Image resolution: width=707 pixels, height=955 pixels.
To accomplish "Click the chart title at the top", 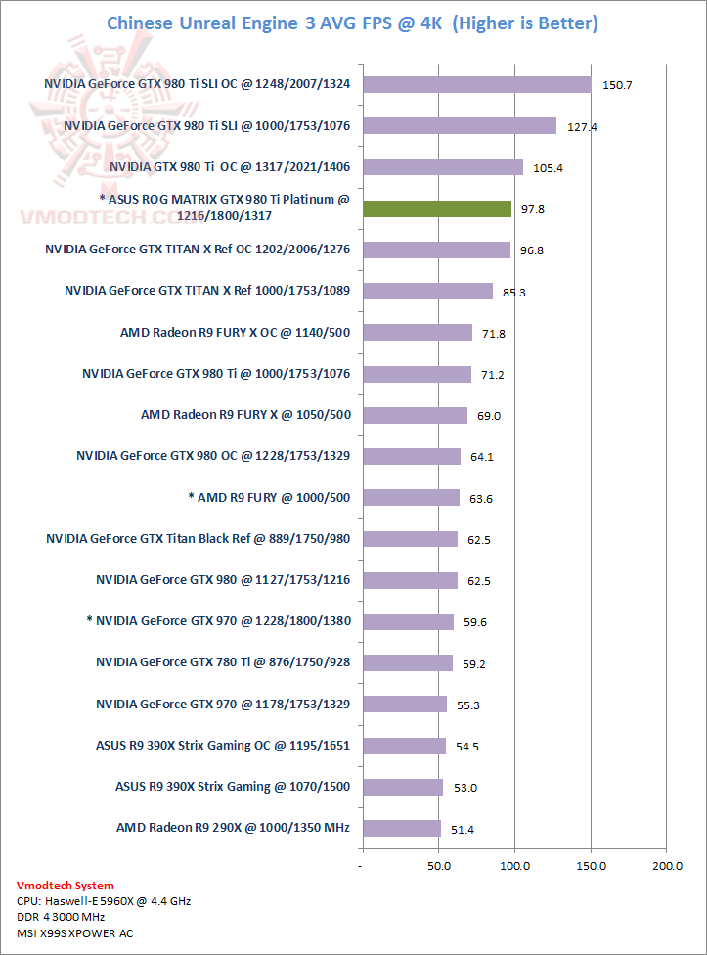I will coord(352,23).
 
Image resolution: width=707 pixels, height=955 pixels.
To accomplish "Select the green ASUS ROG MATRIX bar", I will coord(436,208).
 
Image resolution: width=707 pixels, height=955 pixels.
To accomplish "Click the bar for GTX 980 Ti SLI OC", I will coord(476,85).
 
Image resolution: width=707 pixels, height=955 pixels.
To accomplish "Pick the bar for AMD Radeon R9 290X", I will coord(401,829).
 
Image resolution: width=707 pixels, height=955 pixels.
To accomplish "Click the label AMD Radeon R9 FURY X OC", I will coord(235,333).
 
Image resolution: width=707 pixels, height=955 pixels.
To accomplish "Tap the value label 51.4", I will coord(463,830).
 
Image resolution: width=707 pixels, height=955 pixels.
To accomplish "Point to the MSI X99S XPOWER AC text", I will coord(74,932).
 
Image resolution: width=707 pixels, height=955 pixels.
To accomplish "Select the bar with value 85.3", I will coord(427,291).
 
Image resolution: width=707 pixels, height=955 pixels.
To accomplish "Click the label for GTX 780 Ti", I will coord(223,663).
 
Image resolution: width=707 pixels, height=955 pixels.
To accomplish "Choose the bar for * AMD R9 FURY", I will coord(410,498).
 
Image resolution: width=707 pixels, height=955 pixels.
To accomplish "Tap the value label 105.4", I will coord(548,168).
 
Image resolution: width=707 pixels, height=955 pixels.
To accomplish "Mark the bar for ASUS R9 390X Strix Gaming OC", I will coord(403,746).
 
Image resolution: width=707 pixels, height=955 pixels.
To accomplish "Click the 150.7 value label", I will coord(617,86).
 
